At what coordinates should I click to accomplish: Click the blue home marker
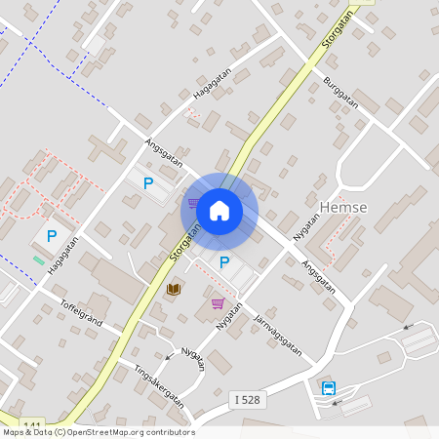coord(219,210)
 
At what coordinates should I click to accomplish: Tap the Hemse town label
coord(343,207)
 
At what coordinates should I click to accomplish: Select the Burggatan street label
coord(340,92)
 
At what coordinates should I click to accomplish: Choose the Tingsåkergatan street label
coord(134,387)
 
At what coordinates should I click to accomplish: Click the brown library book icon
coord(174,289)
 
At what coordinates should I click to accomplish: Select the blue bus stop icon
coord(329,388)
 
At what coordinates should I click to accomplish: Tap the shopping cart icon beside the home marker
coord(194,204)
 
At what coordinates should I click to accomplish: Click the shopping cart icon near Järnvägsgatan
coord(218,303)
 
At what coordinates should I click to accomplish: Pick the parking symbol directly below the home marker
coord(224,261)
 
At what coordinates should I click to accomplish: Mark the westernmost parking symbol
coord(51,235)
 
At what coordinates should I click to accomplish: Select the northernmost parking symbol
coord(148,182)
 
